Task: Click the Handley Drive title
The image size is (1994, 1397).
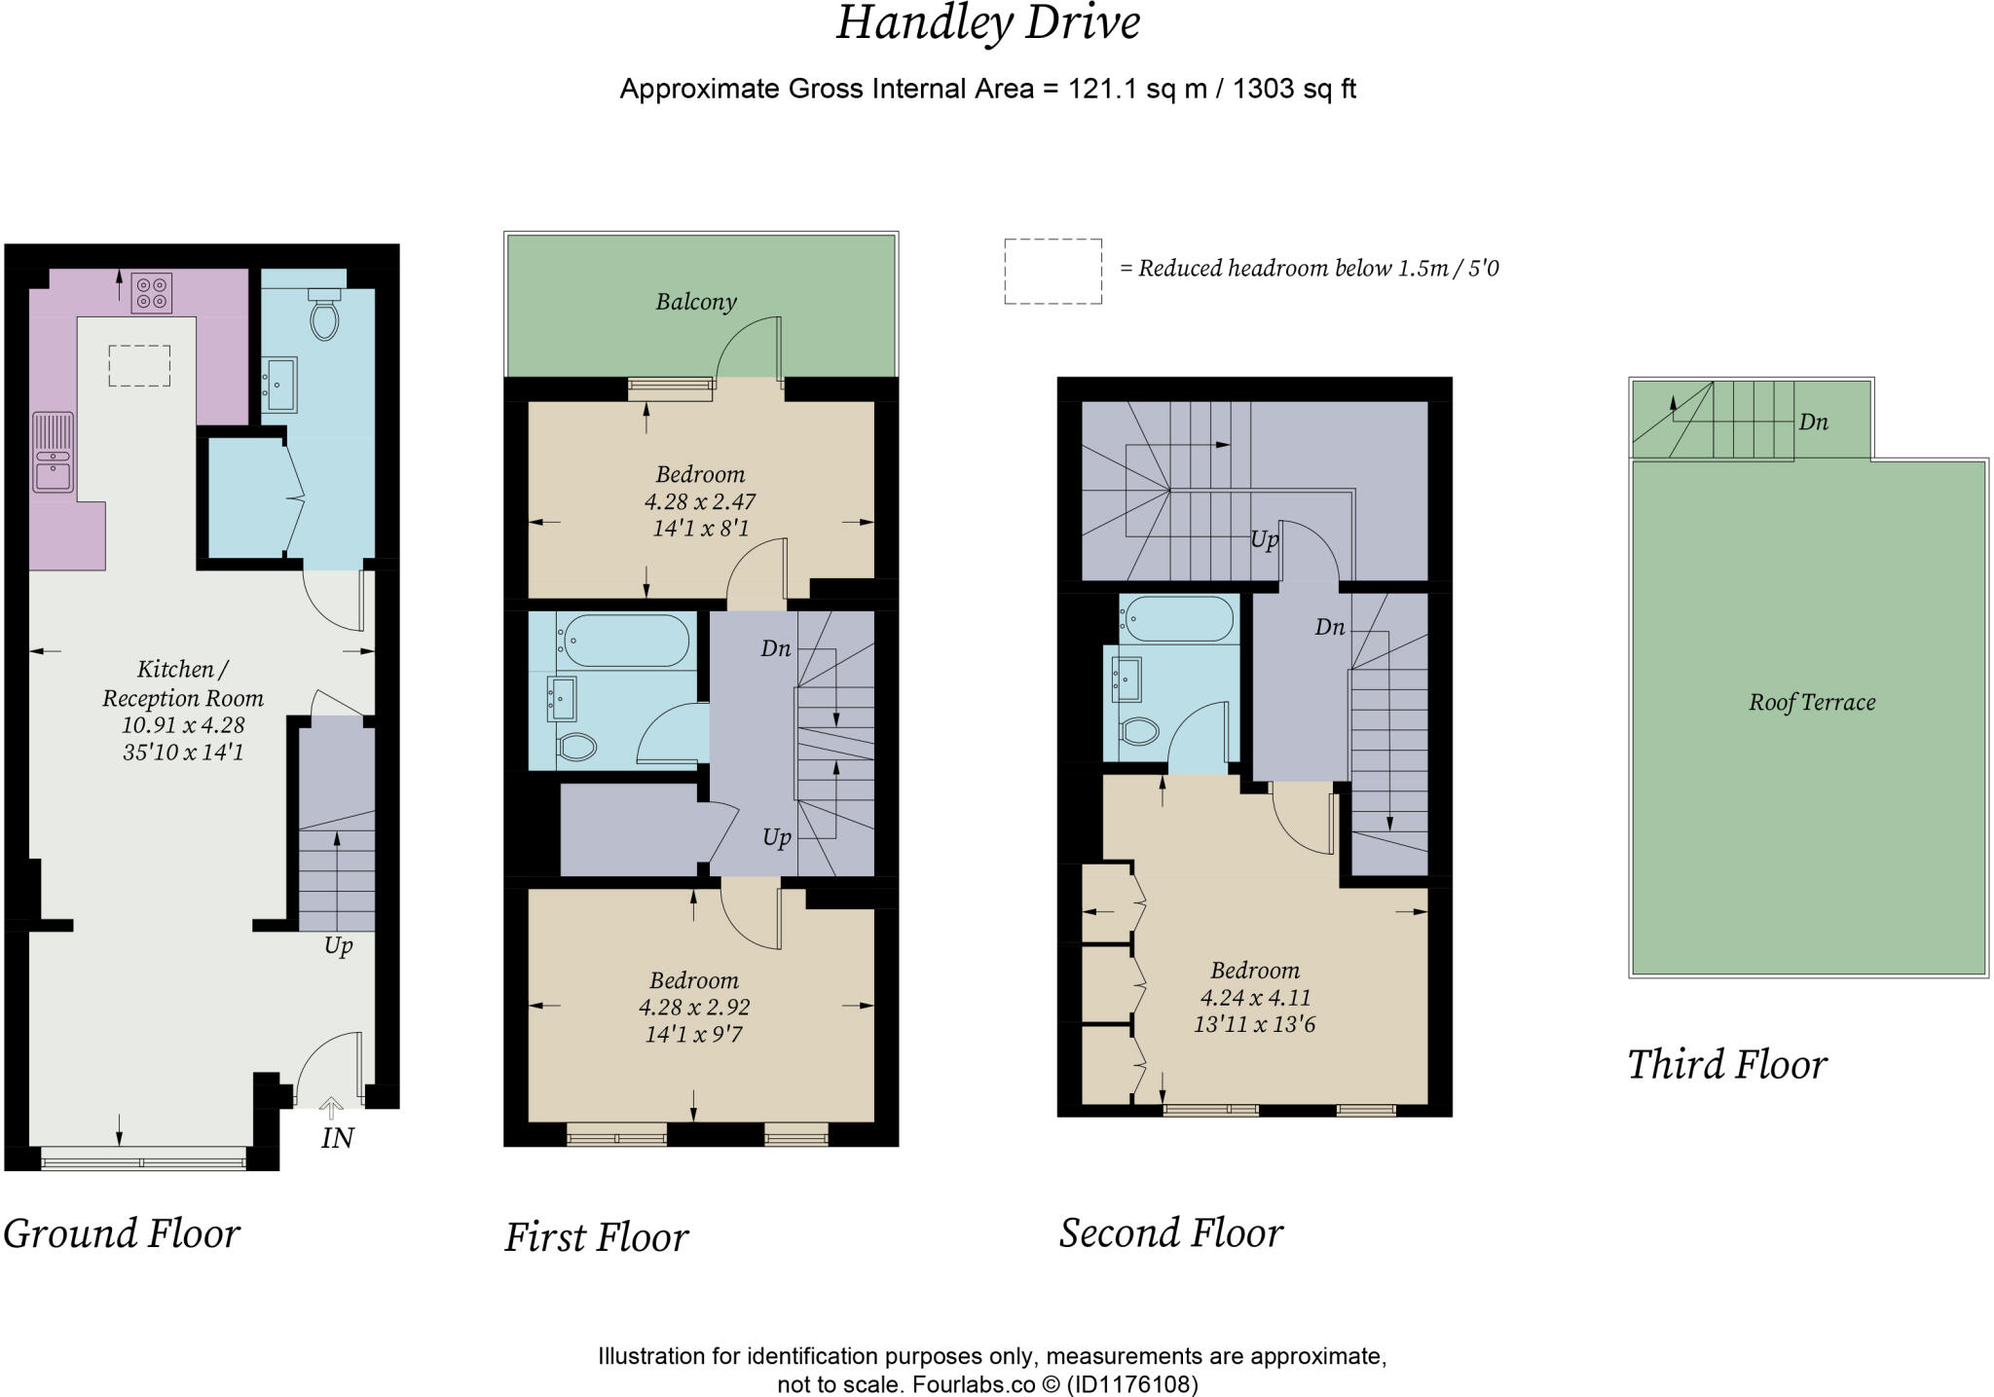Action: point(987,23)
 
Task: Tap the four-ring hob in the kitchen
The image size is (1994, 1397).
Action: point(151,293)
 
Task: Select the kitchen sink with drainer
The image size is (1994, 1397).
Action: point(54,453)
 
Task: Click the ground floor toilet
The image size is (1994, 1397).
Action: point(323,312)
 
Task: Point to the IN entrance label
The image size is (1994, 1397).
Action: point(338,1137)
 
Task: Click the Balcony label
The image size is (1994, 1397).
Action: point(696,302)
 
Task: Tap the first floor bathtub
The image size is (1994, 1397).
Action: point(623,641)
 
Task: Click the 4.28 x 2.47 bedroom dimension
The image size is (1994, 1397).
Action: point(700,501)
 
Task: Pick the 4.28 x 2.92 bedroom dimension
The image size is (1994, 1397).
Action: point(694,1007)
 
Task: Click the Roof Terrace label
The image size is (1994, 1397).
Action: point(1812,702)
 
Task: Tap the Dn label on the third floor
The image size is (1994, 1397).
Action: point(1814,423)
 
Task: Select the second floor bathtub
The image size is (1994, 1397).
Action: point(1178,619)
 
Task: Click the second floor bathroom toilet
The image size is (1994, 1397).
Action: point(1138,731)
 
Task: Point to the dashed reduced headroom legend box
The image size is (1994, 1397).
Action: point(1053,272)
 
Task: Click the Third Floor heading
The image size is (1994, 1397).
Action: point(1727,1064)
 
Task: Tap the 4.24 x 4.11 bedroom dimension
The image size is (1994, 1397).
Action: point(1255,998)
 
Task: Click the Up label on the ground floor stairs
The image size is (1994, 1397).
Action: point(338,946)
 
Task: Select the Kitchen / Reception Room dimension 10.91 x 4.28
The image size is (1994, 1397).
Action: point(183,725)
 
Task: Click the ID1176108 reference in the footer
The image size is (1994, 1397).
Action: point(1132,1384)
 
